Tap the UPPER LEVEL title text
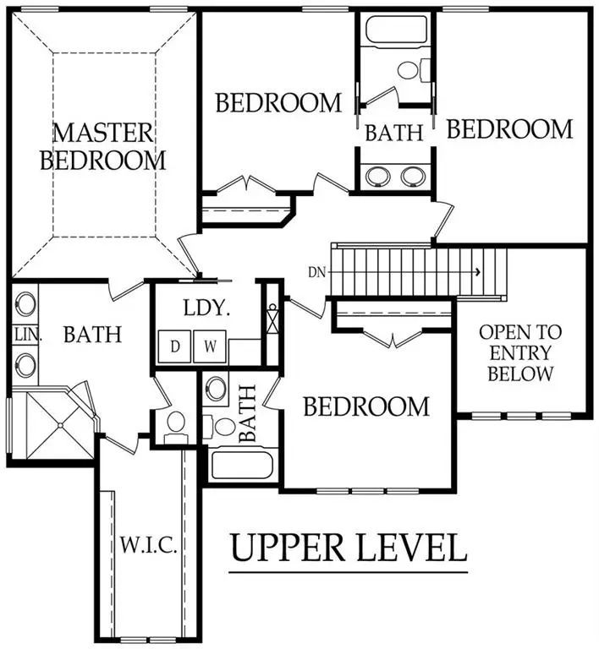349,548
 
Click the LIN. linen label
25,335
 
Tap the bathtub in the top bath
387,34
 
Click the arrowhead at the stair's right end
478,272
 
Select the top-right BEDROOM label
509,129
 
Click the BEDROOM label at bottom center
366,406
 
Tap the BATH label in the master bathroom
93,335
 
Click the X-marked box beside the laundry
272,320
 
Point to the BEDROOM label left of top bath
278,103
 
